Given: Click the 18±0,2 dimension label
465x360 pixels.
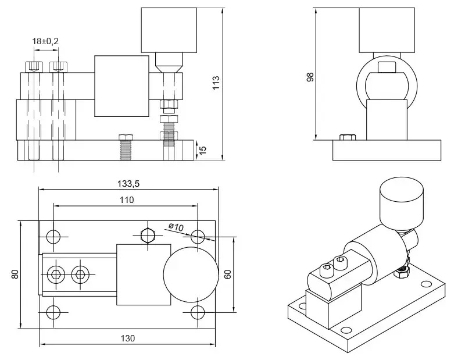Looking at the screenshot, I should click(46, 41).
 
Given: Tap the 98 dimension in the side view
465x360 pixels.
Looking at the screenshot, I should click(309, 78).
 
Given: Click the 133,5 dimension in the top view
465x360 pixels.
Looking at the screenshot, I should click(128, 183).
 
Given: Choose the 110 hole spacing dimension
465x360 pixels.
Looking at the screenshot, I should click(127, 199).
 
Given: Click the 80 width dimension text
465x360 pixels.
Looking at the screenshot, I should click(15, 273).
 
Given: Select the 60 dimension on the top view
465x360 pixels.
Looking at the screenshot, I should click(228, 273).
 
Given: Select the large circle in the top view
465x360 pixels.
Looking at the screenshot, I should click(190, 274).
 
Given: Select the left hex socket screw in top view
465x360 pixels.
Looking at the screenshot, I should click(56, 273).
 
